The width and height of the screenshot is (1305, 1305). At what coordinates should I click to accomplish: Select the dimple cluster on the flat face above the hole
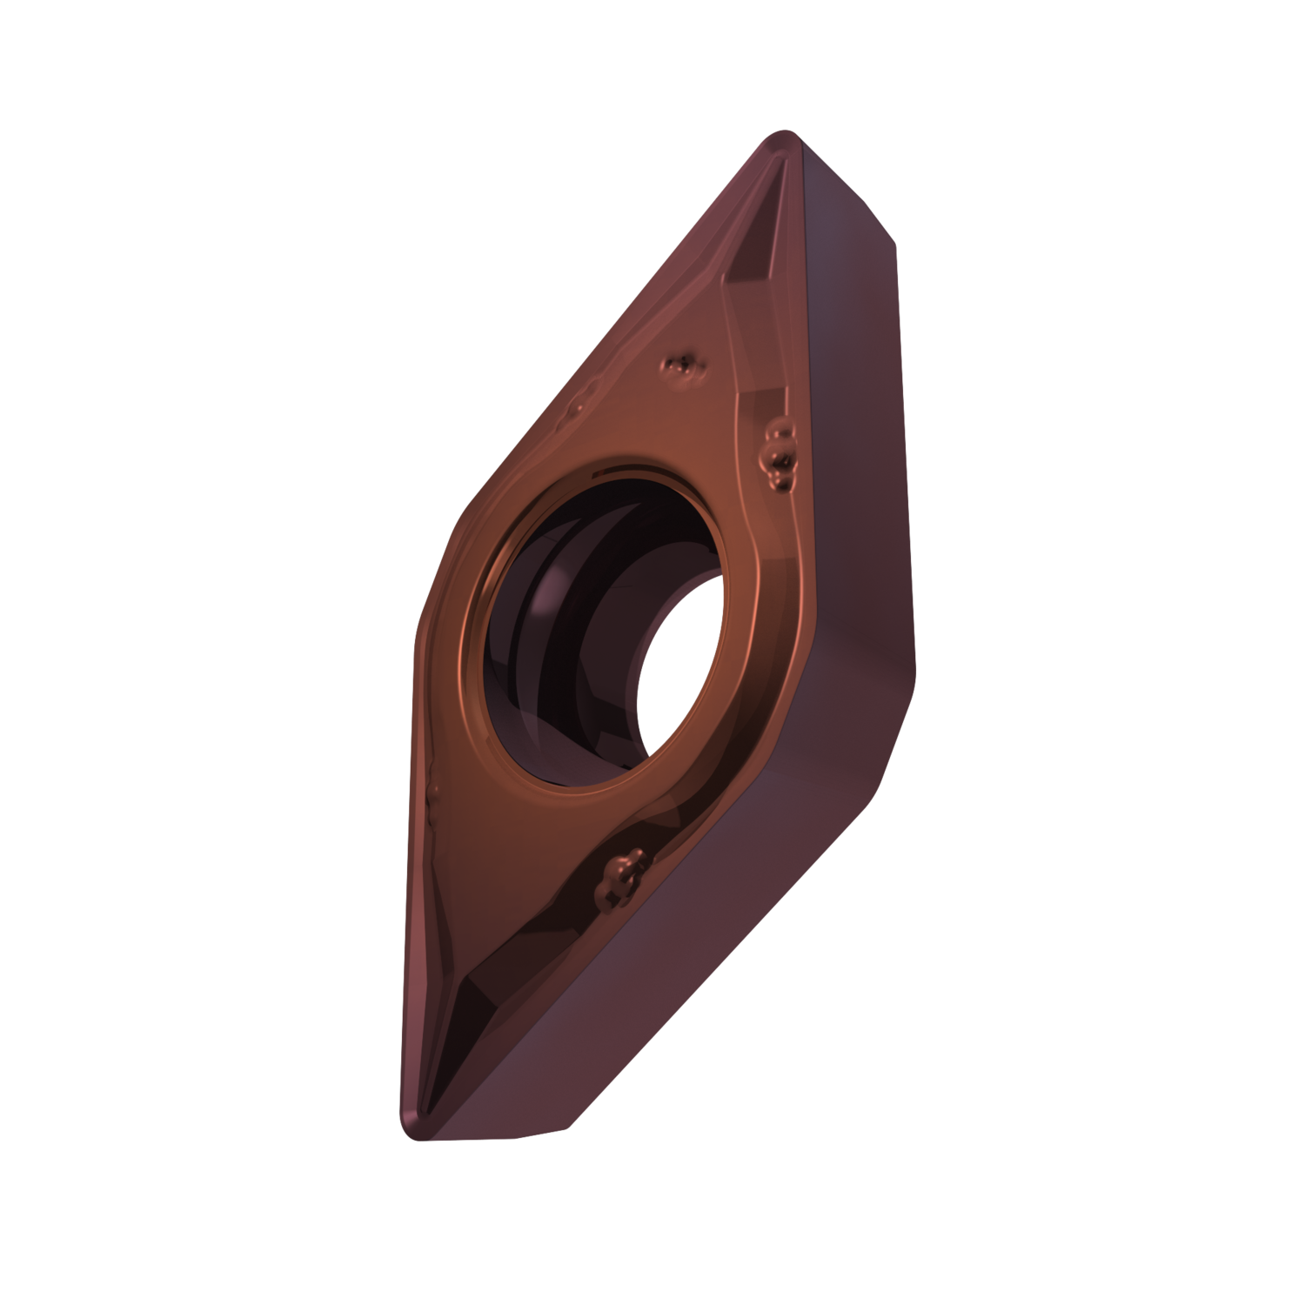click(684, 370)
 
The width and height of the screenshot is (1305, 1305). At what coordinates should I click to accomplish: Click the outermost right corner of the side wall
click(915, 670)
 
